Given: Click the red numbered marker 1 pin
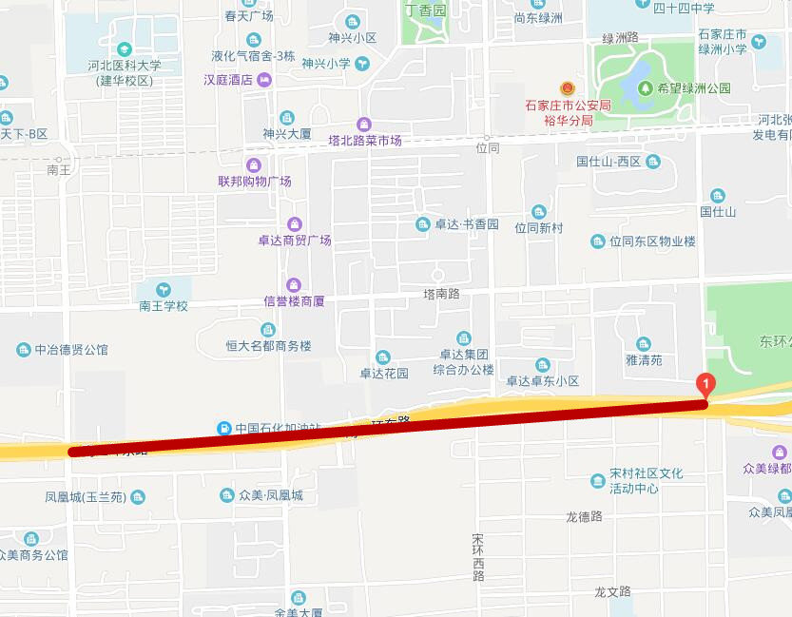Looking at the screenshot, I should coord(705,385).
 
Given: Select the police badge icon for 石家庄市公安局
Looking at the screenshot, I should coord(568,88).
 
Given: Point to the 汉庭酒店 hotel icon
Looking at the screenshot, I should coord(264,80).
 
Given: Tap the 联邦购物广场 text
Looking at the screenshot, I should coord(255,181).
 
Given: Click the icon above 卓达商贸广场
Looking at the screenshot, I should coord(295,224).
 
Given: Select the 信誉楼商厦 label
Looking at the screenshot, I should coord(295,301).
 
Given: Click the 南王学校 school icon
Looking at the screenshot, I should coord(164,289).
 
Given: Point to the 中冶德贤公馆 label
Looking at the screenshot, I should coord(71,350).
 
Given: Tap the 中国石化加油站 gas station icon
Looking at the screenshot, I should coord(224,428).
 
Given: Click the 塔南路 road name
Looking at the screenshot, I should coord(441,294).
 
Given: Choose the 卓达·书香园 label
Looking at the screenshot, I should coord(467,224).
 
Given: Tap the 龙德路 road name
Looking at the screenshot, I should coord(585,517).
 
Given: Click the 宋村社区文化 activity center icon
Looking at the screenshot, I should coord(597,480).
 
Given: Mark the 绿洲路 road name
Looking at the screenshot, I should coord(620,37).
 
